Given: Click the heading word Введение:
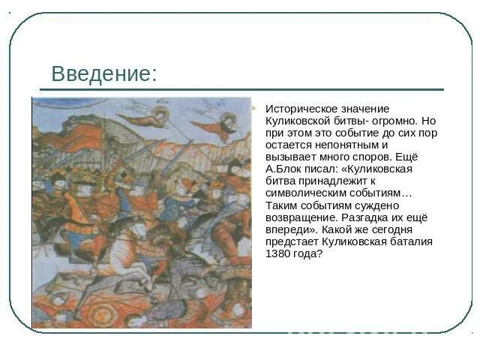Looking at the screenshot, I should [x=104, y=74].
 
